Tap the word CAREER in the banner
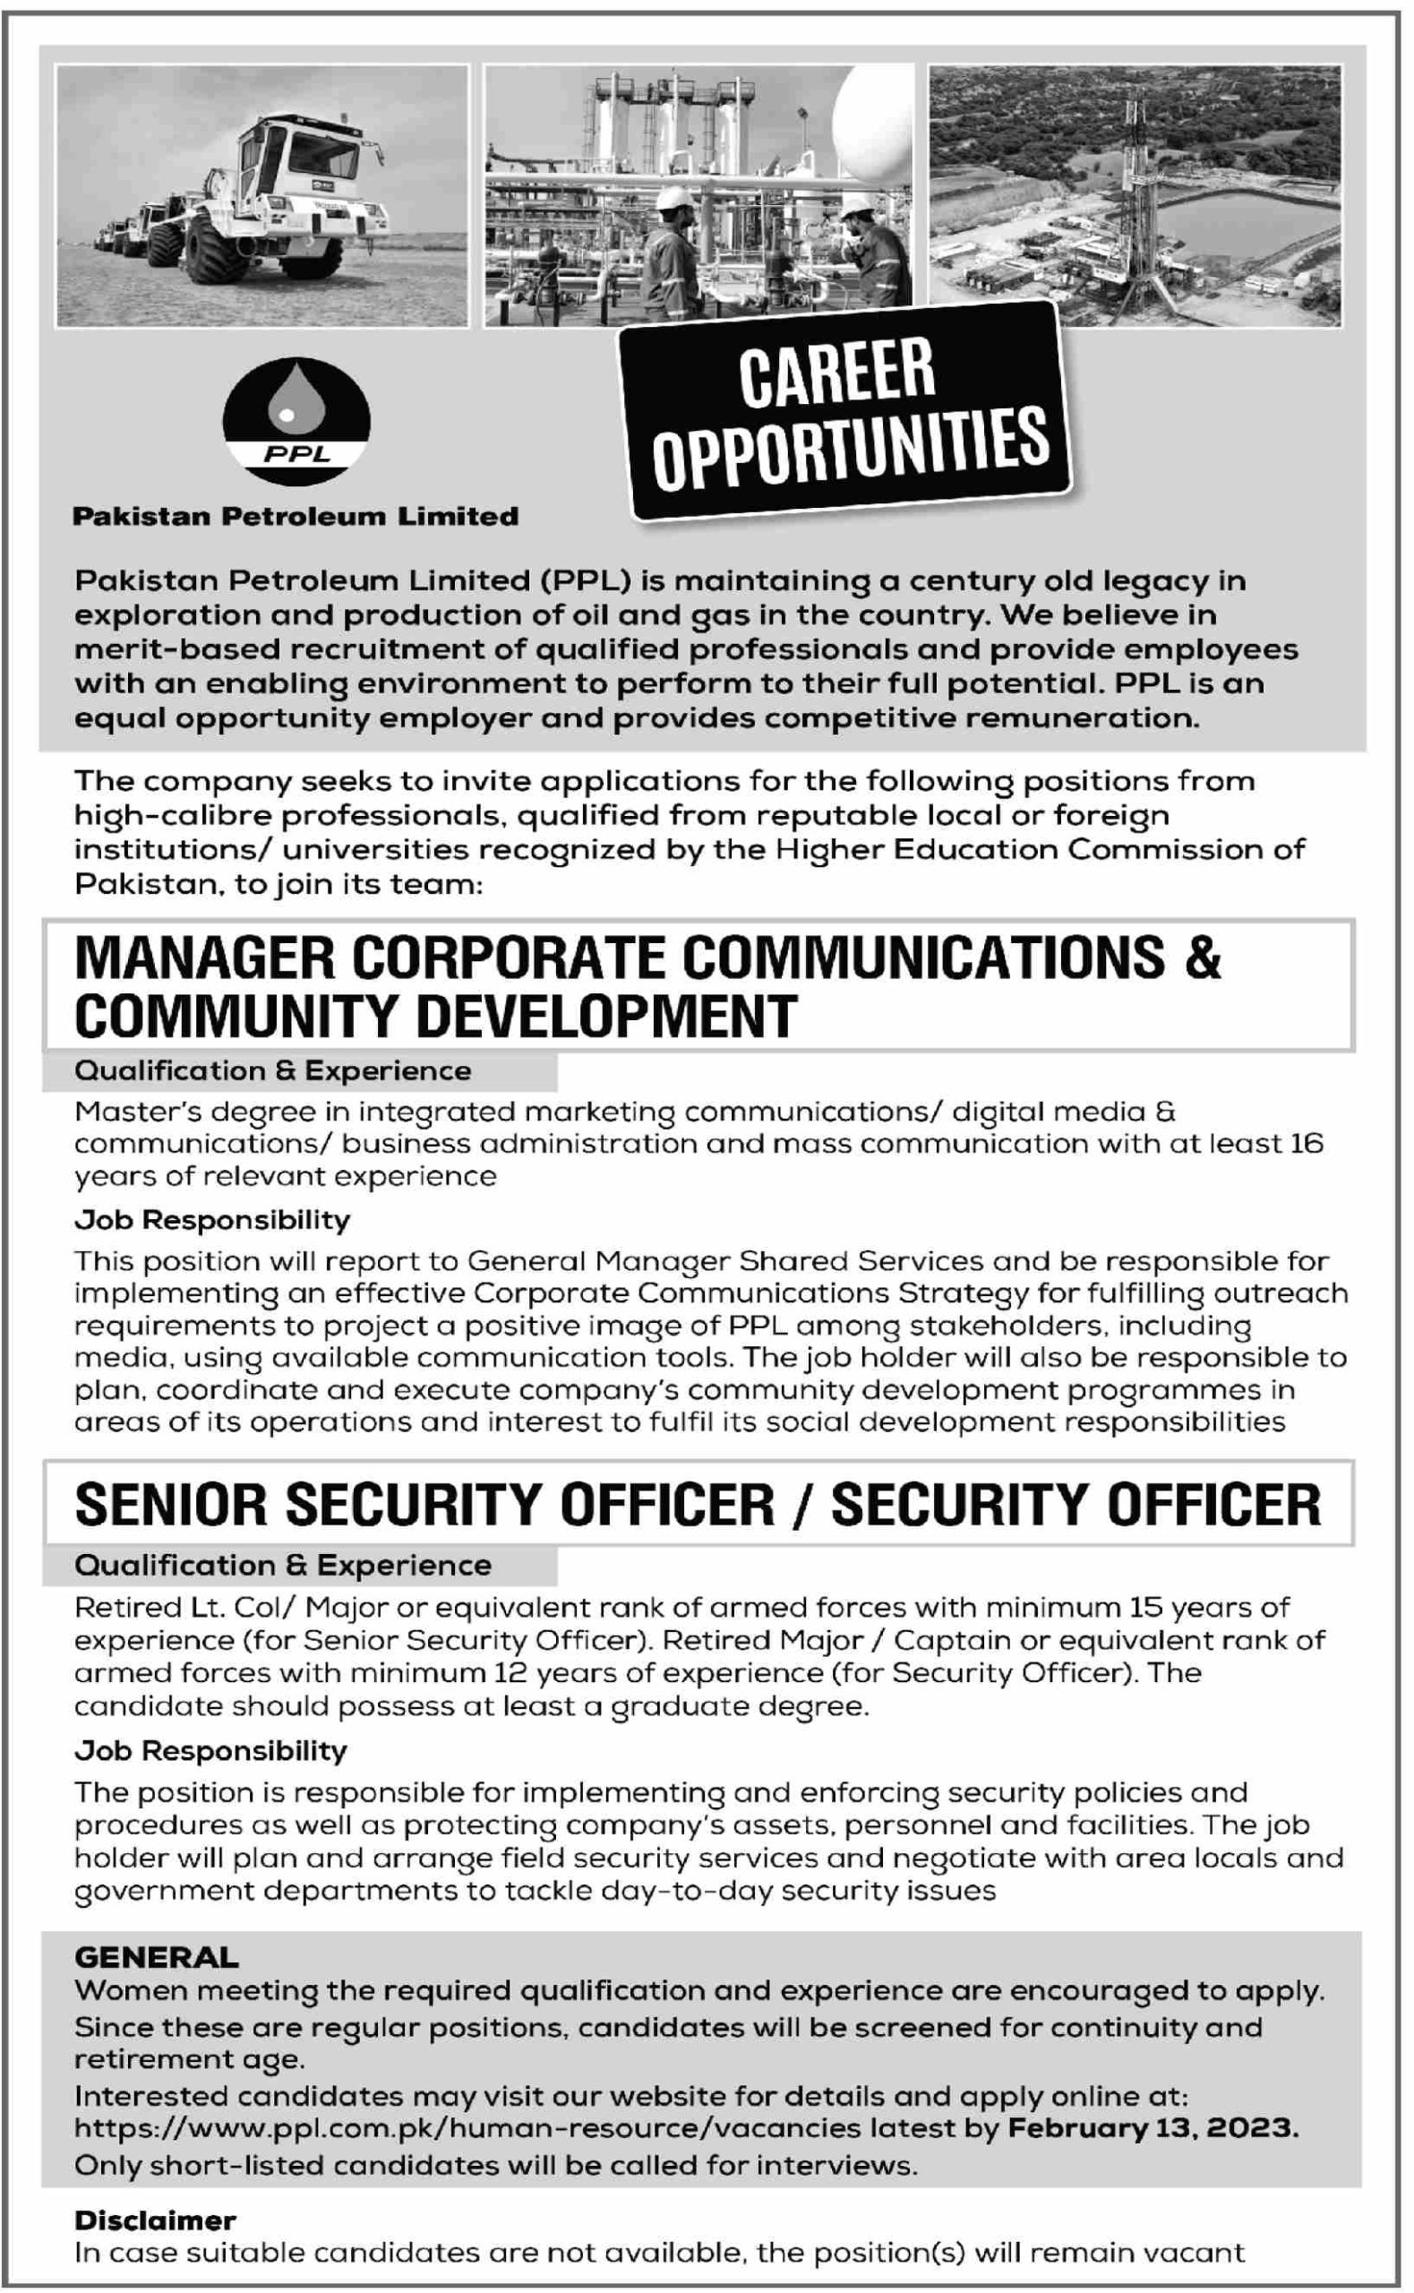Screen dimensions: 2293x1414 point(837,374)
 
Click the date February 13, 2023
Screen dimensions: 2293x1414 point(1153,2128)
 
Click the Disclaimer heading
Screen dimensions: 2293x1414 point(155,2220)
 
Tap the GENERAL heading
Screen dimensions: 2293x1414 point(156,1957)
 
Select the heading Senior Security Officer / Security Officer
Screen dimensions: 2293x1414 point(698,1505)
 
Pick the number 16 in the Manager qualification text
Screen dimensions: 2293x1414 point(1307,1144)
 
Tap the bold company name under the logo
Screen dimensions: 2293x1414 point(296,516)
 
